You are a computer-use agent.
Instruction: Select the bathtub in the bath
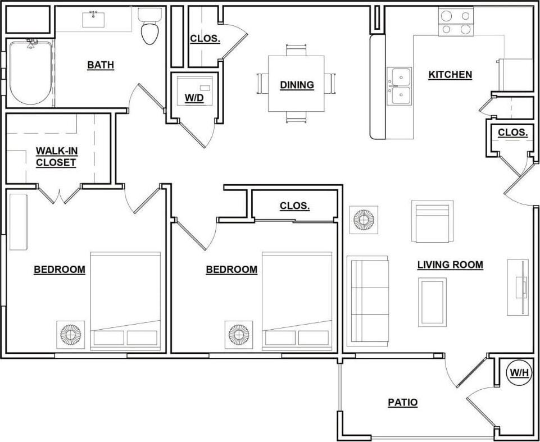pos(30,72)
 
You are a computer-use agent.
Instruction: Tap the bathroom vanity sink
pos(93,19)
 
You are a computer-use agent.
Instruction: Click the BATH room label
pos(101,65)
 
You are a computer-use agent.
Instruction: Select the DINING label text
pos(297,85)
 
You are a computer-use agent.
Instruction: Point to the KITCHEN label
pos(450,74)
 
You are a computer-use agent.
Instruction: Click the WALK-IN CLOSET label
pos(56,157)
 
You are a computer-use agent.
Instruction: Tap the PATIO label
pos(403,402)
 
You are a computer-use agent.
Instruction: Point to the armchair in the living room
pos(432,221)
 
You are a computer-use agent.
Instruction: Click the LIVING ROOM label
pos(450,265)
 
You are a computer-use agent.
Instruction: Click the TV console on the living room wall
pos(518,288)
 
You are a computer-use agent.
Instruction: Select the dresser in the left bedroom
pos(18,222)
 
